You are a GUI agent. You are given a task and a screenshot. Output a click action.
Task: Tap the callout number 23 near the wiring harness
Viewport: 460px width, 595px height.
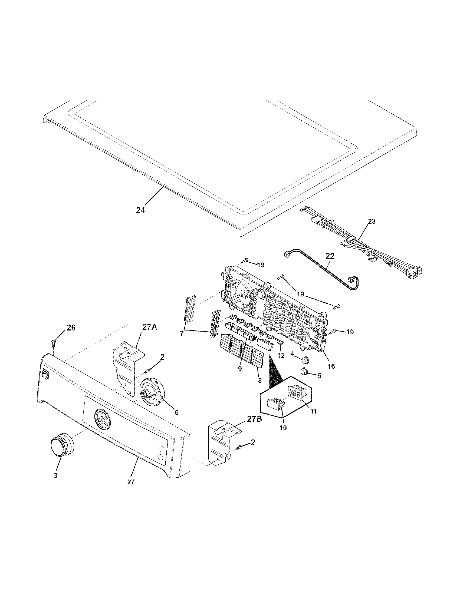[x=372, y=222]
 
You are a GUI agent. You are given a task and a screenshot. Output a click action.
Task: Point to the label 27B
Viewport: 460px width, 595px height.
[x=254, y=419]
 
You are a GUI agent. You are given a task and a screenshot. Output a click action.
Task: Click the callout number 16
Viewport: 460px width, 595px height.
[x=331, y=366]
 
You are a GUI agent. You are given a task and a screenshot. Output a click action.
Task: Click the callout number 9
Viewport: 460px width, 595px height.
[x=240, y=368]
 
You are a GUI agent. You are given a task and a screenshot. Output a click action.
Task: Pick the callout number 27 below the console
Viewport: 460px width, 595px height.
[x=131, y=482]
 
